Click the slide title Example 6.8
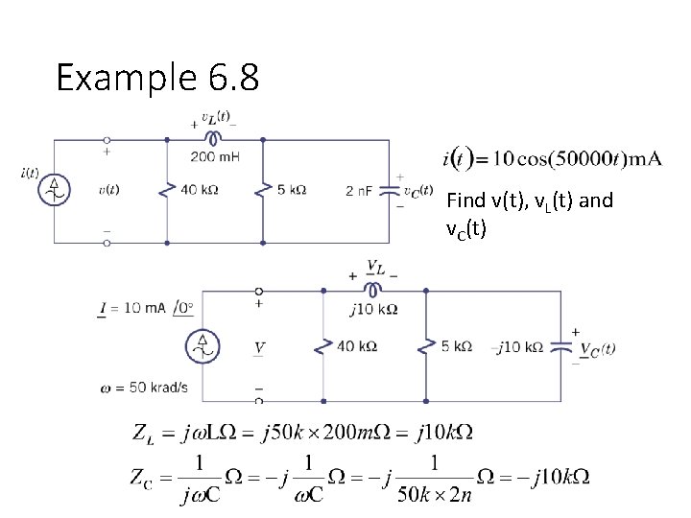point(156,78)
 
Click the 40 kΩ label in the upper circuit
point(199,190)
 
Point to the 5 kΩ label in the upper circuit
point(292,190)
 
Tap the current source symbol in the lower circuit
point(203,346)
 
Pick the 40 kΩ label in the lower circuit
point(356,346)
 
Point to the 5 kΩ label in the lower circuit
point(456,346)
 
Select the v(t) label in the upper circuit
point(108,190)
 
